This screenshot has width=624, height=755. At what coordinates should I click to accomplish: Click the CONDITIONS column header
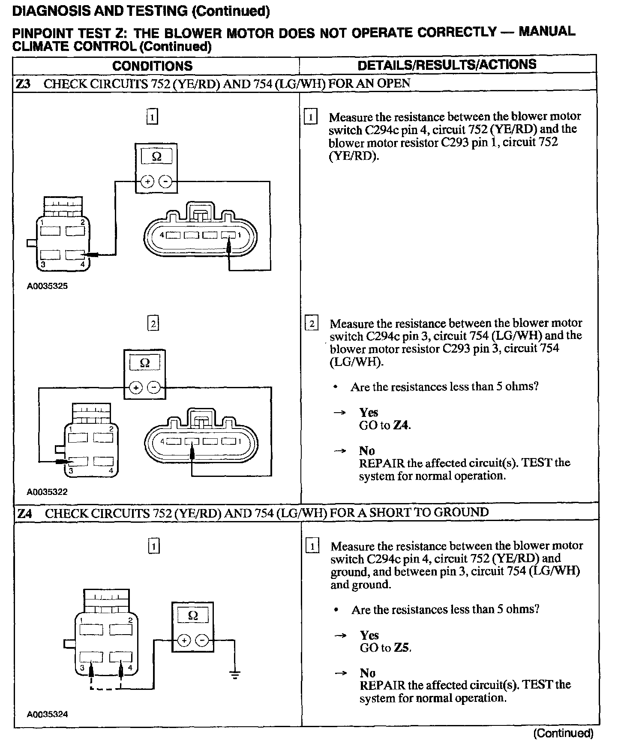click(x=152, y=66)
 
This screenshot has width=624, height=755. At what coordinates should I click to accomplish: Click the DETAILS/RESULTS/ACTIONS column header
click(x=447, y=65)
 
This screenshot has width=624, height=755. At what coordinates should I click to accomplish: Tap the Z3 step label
click(x=23, y=84)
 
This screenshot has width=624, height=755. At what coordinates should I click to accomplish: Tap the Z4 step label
click(x=24, y=513)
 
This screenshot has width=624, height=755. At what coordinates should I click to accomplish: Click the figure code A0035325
click(x=47, y=286)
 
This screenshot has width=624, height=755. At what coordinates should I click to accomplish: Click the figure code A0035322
click(x=47, y=492)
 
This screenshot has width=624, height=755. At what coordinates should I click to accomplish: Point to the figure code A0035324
click(x=47, y=714)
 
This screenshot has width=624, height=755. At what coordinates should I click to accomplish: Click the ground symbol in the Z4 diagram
click(x=234, y=675)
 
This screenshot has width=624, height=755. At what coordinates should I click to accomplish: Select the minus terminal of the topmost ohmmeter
click(x=165, y=182)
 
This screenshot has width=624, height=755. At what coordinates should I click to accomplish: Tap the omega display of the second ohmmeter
click(x=145, y=363)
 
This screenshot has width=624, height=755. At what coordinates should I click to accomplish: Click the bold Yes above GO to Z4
click(x=369, y=413)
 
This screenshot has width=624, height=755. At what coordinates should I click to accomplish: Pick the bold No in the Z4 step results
click(x=367, y=674)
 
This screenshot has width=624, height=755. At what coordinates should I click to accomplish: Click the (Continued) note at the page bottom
click(x=563, y=734)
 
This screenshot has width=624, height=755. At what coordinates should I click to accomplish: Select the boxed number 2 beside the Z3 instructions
click(x=312, y=324)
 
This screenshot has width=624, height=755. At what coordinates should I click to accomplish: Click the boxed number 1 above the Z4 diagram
click(x=153, y=546)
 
